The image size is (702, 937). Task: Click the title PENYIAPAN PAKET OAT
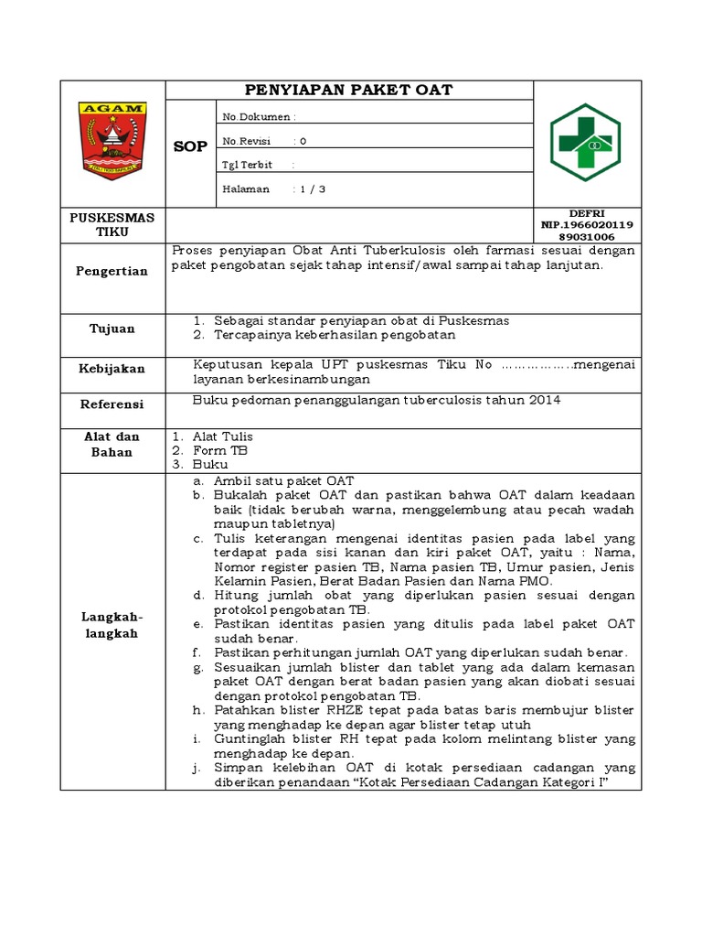pos(348,90)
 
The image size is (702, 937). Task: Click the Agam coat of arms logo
pos(112,140)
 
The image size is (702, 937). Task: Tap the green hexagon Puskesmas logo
pos(586,143)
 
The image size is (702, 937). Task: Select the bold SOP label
pos(191,146)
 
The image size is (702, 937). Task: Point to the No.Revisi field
pos(265,141)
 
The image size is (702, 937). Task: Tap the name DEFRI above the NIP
pos(587,212)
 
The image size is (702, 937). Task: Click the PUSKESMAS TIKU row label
pos(112,224)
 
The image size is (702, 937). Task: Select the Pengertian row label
pos(112,271)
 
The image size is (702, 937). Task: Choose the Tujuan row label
pos(112,328)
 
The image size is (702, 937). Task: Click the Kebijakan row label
pos(112,368)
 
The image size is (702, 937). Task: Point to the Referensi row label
pos(112,404)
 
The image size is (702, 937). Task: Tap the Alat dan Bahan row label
pos(112,444)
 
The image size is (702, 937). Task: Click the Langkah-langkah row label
pos(112,627)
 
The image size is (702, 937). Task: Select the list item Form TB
pos(220,450)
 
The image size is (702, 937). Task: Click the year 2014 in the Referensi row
pos(544,400)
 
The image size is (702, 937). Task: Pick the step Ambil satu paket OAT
pos(283,480)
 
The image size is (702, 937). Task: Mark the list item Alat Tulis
pos(222,436)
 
